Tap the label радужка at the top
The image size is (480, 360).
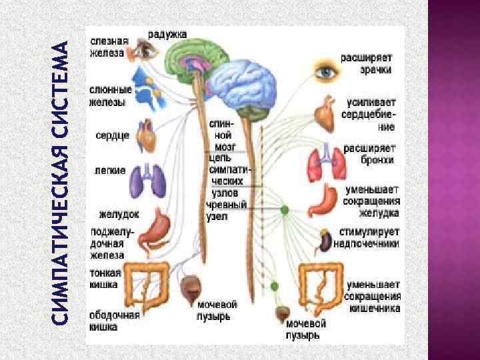[x=167, y=33]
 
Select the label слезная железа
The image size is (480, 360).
[x=107, y=47]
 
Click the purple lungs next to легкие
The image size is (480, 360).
[x=145, y=178]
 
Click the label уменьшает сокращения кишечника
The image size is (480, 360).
[x=373, y=297]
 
